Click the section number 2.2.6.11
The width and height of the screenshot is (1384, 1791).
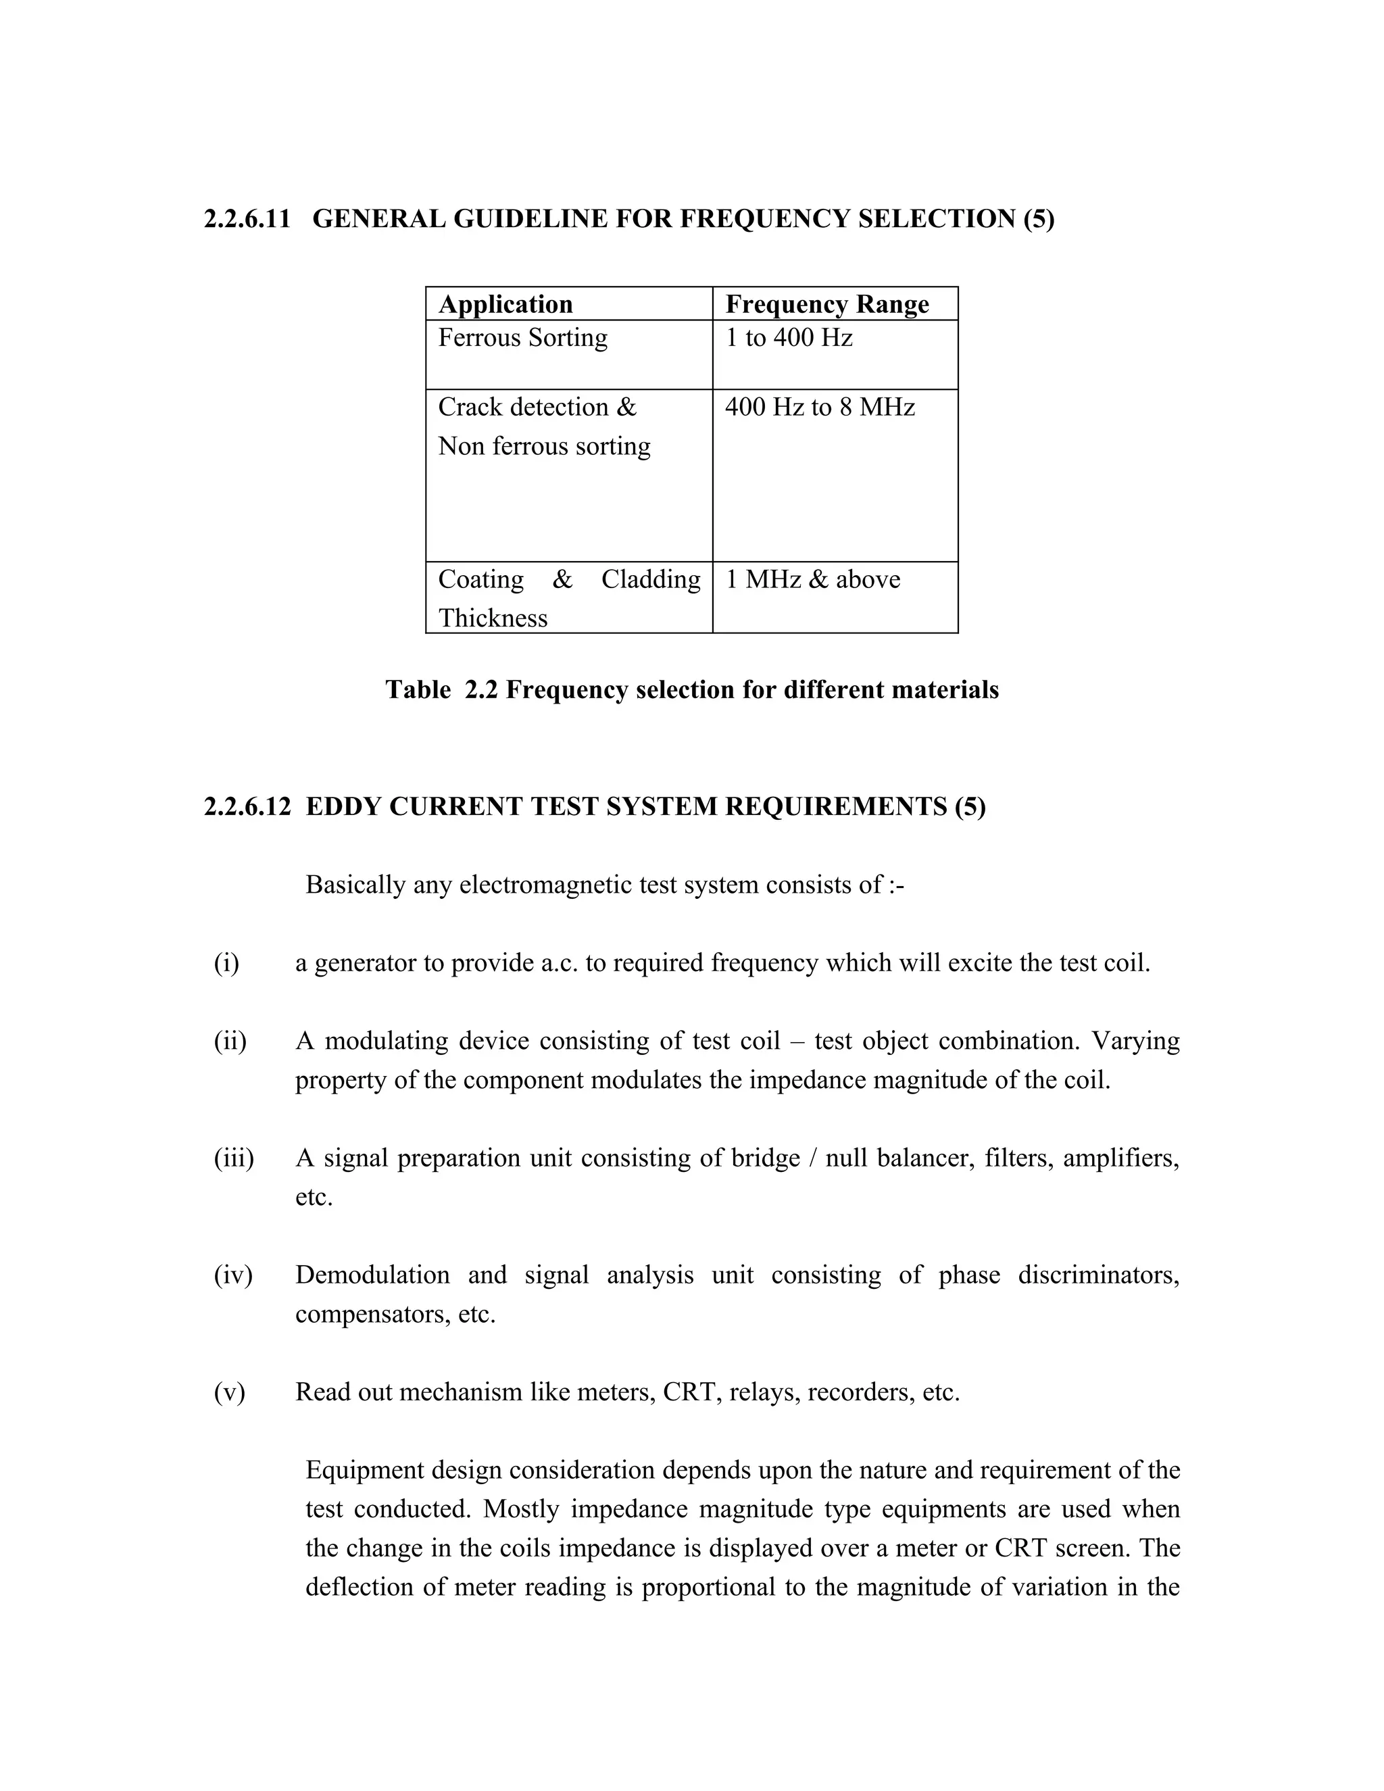(x=247, y=219)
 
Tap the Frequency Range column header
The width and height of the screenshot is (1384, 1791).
(x=826, y=304)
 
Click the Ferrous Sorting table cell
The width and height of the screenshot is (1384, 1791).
(x=522, y=338)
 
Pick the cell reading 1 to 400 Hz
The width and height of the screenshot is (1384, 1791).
(x=789, y=338)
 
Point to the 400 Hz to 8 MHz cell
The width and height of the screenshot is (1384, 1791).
(x=819, y=408)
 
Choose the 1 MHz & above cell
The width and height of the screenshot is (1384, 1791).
(x=812, y=580)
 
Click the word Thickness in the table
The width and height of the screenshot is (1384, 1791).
(x=492, y=618)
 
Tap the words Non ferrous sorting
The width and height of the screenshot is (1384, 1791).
(x=543, y=446)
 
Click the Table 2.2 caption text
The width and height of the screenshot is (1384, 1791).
(x=692, y=689)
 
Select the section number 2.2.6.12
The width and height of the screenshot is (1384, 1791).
(x=247, y=807)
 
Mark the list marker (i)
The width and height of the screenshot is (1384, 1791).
(x=226, y=962)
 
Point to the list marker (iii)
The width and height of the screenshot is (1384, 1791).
(x=234, y=1158)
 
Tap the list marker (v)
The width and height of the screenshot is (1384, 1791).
(x=230, y=1392)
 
